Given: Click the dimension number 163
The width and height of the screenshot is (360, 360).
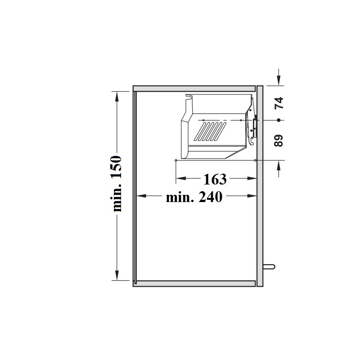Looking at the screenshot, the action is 215,179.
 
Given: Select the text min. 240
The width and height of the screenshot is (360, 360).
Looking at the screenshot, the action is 194,197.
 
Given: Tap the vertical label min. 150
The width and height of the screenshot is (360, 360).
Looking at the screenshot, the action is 116,184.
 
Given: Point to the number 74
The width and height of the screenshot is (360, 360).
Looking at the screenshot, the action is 279,103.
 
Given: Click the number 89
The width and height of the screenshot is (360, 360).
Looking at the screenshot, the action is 279,140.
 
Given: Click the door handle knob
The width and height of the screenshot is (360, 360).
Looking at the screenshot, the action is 269,266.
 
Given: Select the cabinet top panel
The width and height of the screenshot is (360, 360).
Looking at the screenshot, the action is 194,88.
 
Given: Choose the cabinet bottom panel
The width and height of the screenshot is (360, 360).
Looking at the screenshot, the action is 194,283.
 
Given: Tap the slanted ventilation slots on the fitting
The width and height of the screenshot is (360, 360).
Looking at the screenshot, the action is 210,131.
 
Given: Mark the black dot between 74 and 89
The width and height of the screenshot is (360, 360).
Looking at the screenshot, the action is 279,120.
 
